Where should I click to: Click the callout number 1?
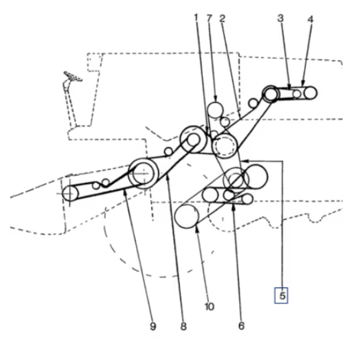[196, 17]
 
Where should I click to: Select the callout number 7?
[209, 18]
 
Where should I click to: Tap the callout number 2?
[222, 19]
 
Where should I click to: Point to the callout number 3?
[280, 18]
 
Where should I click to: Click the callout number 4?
[310, 19]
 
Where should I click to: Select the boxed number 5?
[281, 295]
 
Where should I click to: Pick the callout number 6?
[241, 326]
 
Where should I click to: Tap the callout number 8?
[183, 326]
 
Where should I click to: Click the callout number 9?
[153, 326]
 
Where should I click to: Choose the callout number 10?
[209, 307]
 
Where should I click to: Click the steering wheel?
[73, 76]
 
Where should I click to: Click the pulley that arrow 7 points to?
[215, 110]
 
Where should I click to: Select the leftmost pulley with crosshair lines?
[70, 193]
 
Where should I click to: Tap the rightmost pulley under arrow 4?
[310, 93]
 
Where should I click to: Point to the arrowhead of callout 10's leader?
[197, 229]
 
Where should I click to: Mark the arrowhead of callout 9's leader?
[125, 193]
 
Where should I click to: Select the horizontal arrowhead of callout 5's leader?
[245, 161]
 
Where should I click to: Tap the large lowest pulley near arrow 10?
[187, 217]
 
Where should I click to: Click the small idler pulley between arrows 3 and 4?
[297, 94]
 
